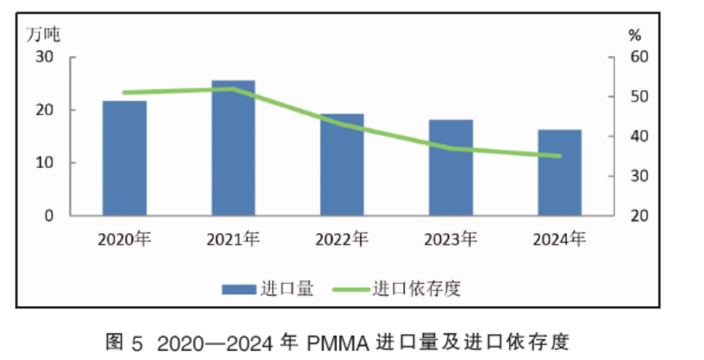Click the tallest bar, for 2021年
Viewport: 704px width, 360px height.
[233, 148]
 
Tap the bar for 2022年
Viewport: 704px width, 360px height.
[342, 165]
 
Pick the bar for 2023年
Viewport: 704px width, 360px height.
[451, 167]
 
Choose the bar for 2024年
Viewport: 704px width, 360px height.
[559, 172]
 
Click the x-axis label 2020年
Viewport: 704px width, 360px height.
[124, 239]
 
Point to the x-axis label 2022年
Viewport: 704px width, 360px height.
[342, 239]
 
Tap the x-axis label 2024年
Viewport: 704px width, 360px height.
[559, 239]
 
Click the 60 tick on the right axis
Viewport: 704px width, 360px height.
[639, 57]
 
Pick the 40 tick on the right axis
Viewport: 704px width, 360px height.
[639, 136]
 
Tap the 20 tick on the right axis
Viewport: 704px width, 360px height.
[639, 215]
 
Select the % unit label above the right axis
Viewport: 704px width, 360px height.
[634, 34]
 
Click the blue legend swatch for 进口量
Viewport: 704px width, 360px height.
[238, 289]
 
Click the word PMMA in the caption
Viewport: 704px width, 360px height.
[338, 341]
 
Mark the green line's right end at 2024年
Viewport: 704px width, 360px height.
[559, 156]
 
